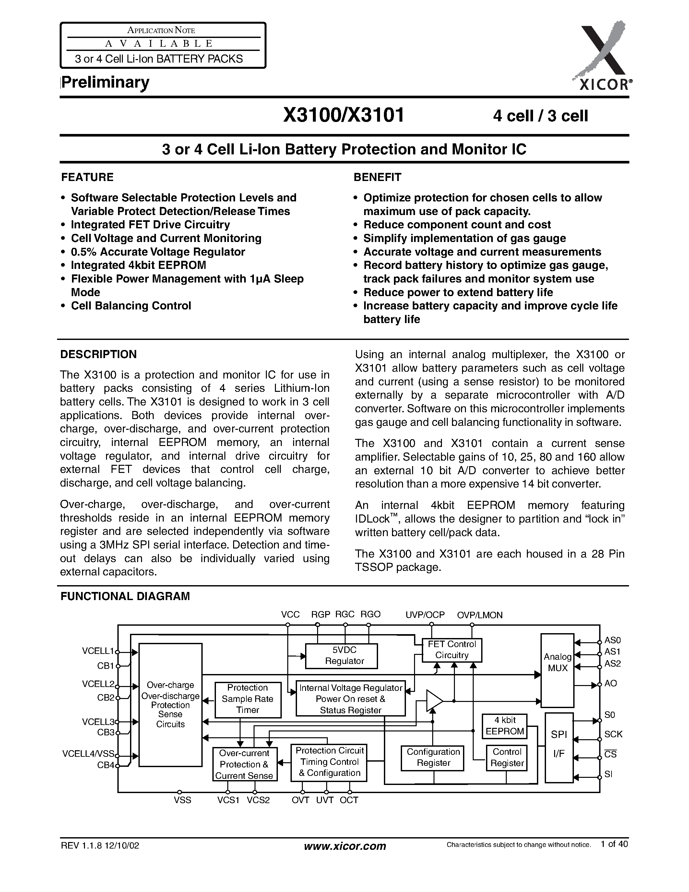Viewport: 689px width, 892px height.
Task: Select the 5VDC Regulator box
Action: [341, 656]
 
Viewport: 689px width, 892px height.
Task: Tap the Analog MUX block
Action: [557, 670]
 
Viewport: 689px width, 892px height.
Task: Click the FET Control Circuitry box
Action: [452, 650]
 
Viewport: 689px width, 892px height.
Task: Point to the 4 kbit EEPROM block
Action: [505, 726]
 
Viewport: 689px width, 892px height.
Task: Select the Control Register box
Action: [506, 758]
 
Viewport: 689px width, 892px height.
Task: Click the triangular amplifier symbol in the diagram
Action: [434, 701]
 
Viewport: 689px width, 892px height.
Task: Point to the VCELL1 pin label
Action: [98, 651]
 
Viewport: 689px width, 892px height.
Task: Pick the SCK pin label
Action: [613, 734]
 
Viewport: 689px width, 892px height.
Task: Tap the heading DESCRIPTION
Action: [98, 355]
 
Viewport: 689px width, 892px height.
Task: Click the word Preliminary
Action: [105, 82]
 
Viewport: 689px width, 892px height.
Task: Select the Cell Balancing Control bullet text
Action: [131, 306]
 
